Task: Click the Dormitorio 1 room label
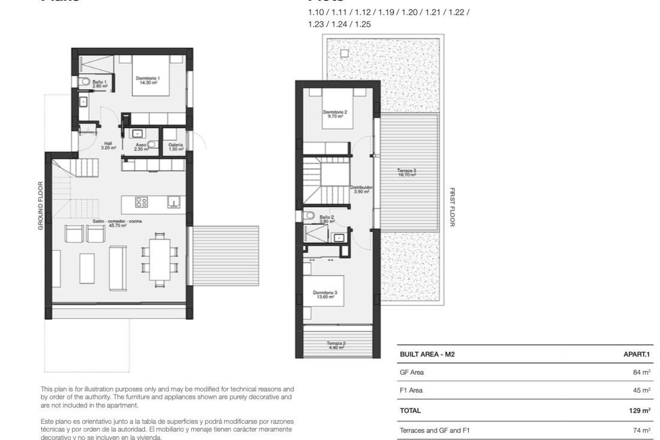(x=147, y=80)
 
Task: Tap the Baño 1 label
(x=99, y=84)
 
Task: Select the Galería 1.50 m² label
(x=176, y=147)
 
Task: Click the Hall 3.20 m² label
(x=108, y=145)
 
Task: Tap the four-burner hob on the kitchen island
(x=141, y=202)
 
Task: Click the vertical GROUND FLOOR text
(x=41, y=206)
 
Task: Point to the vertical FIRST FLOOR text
(x=452, y=207)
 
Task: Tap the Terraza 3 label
(x=407, y=172)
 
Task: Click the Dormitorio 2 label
(x=335, y=114)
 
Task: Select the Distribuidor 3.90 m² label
(x=361, y=189)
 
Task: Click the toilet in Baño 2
(x=309, y=216)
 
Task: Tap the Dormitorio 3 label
(x=325, y=295)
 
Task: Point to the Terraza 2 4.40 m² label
(x=336, y=345)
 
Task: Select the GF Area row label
(x=412, y=372)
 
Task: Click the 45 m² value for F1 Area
(x=641, y=390)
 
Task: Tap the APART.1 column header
(x=637, y=354)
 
